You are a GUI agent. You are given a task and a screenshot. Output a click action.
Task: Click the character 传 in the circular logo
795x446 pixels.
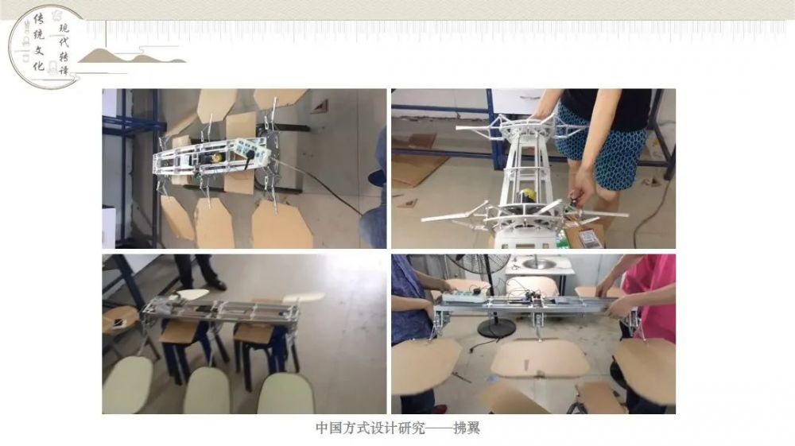39,19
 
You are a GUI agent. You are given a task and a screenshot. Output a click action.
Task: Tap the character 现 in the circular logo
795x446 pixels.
64,28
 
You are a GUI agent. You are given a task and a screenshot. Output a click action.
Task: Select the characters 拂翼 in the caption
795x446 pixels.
467,429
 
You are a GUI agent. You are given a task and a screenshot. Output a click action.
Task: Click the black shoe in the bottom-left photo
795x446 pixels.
218,284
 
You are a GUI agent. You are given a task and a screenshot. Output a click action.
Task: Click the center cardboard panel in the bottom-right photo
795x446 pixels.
540,359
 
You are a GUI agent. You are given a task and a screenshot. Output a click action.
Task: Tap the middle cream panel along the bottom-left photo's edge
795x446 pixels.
207,390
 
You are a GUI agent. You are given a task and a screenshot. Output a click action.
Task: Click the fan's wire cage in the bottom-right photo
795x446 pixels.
479,266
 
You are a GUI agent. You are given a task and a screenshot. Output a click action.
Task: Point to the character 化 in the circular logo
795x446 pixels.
38,65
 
